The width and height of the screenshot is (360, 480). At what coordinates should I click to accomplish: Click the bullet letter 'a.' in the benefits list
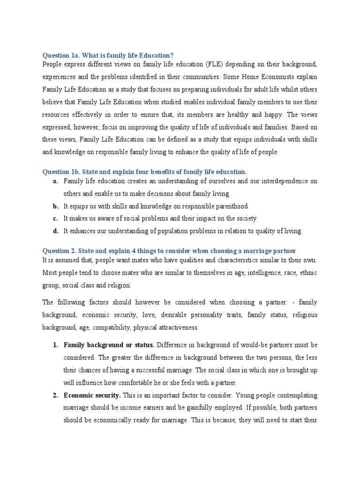55,181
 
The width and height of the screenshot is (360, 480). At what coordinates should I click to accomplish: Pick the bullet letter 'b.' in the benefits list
55,206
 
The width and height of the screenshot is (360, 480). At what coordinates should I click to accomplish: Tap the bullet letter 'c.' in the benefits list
55,218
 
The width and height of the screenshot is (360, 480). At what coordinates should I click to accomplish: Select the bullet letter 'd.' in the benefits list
55,231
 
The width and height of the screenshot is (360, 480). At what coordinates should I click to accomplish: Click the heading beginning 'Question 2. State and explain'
169,251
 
